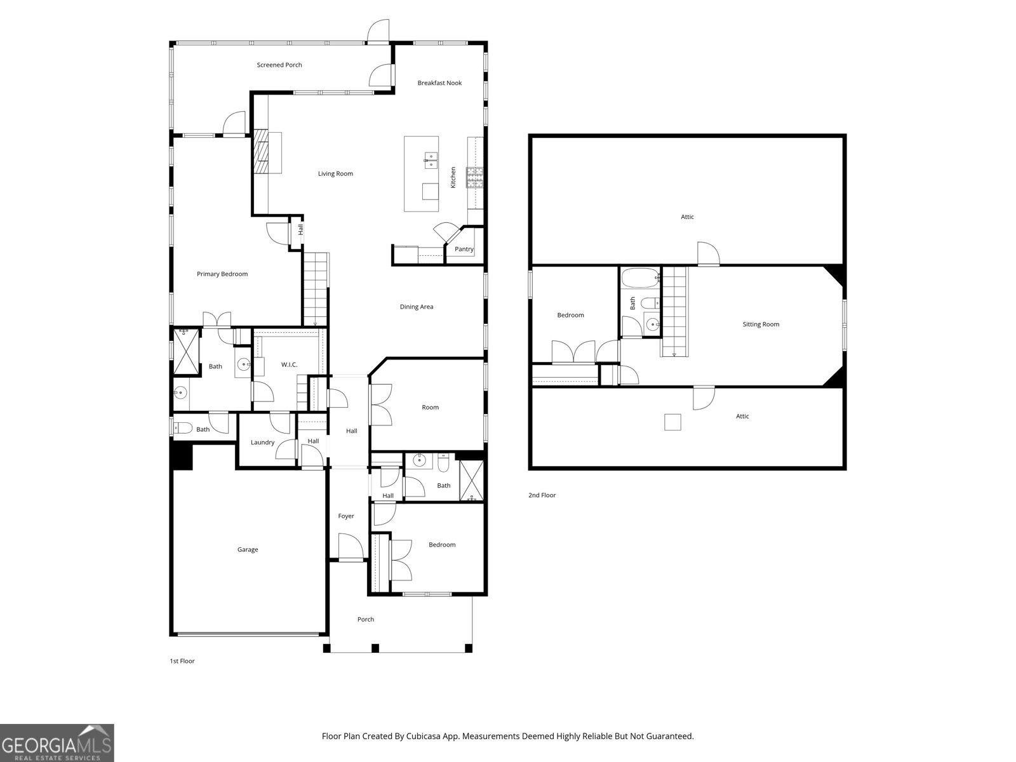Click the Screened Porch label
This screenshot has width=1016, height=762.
point(279,65)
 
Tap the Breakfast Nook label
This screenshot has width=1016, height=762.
point(439,83)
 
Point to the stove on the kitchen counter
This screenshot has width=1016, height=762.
point(475,178)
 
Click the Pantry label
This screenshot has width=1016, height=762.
point(464,249)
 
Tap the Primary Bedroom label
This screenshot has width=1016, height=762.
point(222,274)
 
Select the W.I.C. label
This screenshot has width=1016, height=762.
point(290,364)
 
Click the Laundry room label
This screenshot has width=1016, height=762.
point(262,443)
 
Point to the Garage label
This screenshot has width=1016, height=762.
point(248,550)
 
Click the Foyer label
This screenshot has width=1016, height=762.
point(346,516)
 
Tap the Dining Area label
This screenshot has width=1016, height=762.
point(417,307)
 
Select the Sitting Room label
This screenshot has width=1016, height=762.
point(761,324)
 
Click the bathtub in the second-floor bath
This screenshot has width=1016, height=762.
point(639,279)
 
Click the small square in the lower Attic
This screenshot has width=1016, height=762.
point(672,422)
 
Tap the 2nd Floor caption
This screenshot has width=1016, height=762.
point(542,495)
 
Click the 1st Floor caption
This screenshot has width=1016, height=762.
point(182,661)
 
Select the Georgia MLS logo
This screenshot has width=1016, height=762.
point(57,743)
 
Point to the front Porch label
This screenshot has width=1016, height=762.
point(366,620)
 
